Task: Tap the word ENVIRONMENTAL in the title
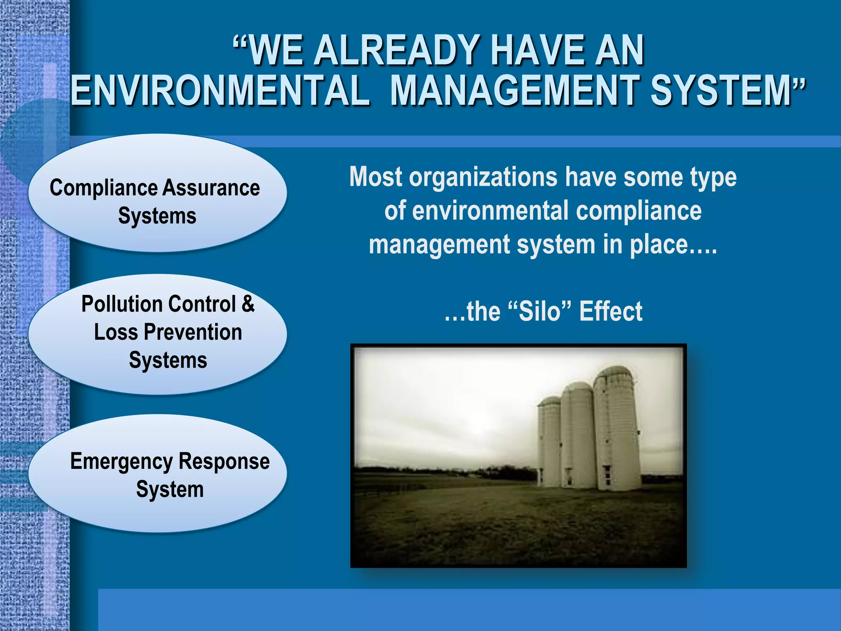pyautogui.click(x=220, y=90)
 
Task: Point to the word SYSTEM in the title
pyautogui.click(x=721, y=90)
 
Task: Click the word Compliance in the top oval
pyautogui.click(x=103, y=188)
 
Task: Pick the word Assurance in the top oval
pyautogui.click(x=211, y=188)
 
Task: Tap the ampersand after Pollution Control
pyautogui.click(x=248, y=304)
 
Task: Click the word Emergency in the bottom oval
pyautogui.click(x=122, y=461)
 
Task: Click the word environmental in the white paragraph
pyautogui.click(x=490, y=211)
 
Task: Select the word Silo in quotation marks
pyautogui.click(x=540, y=311)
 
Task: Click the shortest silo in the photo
pyautogui.click(x=549, y=444)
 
